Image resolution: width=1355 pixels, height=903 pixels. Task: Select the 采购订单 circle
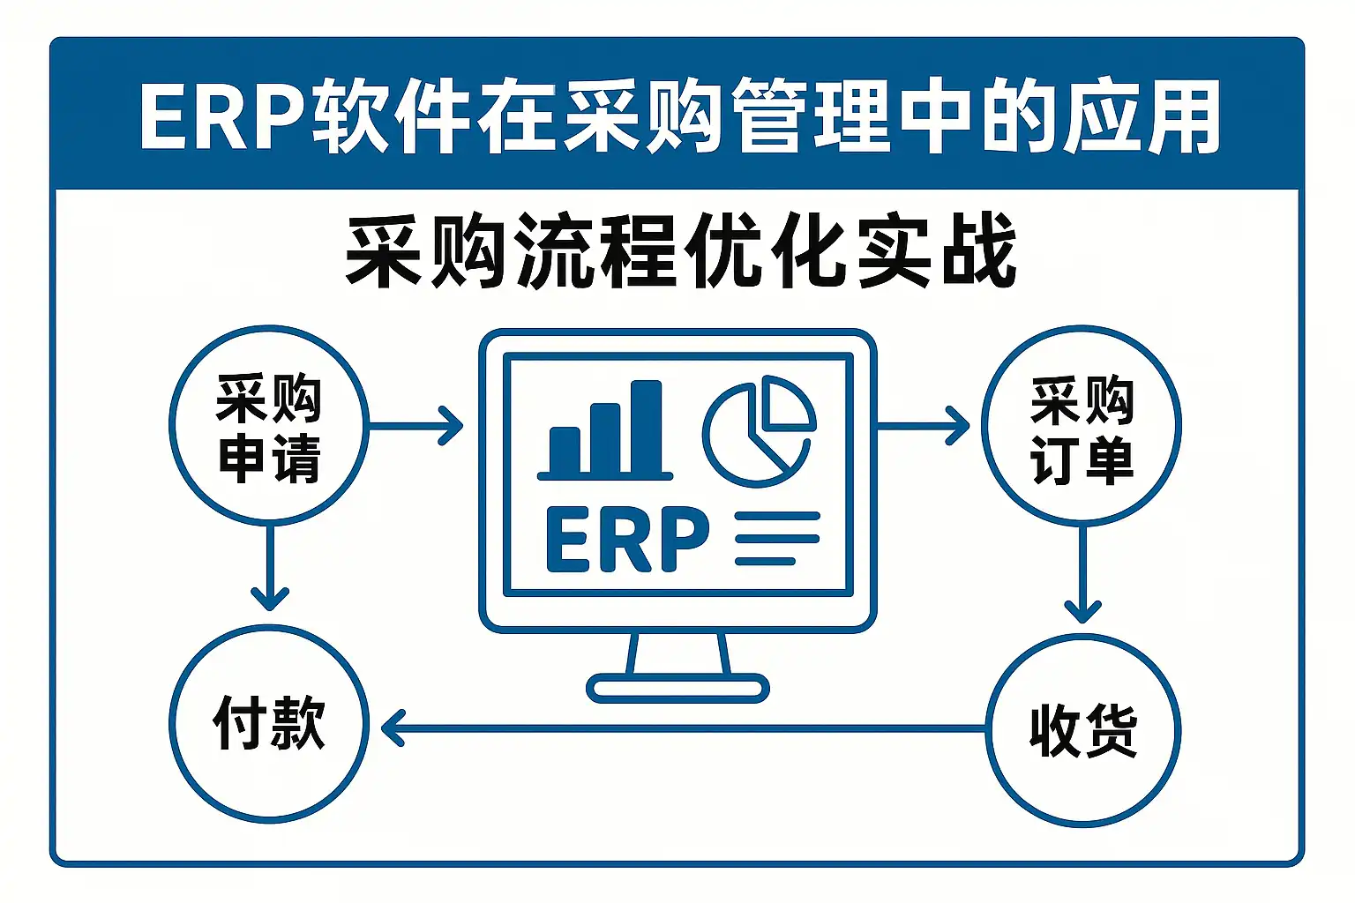(1082, 426)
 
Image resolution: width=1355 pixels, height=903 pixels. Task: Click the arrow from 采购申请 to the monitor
(415, 426)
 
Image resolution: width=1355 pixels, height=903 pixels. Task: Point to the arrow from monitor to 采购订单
(922, 426)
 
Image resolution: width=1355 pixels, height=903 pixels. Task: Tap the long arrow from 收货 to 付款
(684, 729)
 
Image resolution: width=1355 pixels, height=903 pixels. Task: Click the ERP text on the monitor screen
(627, 540)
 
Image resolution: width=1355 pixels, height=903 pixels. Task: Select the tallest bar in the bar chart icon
(646, 428)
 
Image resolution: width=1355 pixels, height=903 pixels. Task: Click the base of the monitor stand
(677, 687)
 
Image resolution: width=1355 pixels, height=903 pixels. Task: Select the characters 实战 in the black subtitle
(936, 251)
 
